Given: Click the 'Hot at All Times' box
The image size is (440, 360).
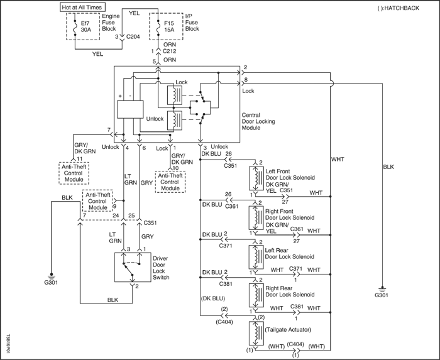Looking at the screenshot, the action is tap(82, 8).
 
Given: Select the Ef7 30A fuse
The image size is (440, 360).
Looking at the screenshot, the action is tap(75, 28).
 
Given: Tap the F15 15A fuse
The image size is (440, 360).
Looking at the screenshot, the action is tap(158, 28).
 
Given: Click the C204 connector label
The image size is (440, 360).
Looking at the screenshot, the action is tap(133, 36).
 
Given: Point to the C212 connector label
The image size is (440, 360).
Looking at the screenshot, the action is tap(170, 51).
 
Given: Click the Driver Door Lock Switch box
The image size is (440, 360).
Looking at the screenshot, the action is tap(133, 267).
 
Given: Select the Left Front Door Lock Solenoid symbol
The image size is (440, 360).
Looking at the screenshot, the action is tap(256, 178).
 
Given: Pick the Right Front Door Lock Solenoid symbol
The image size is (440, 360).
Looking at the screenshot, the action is tap(256, 218).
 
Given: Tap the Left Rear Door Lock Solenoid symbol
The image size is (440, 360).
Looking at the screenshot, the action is tap(256, 257).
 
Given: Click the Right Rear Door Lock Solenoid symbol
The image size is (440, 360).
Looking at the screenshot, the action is tap(256, 295).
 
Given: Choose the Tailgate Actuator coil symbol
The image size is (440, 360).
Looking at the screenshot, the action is tap(256, 334).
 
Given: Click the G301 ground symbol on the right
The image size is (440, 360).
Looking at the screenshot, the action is tap(382, 289).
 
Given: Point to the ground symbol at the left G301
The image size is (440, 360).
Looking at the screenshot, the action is tap(51, 275).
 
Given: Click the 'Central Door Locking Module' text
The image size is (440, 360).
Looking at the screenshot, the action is tap(258, 121).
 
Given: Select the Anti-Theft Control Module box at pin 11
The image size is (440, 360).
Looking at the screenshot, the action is tap(74, 173).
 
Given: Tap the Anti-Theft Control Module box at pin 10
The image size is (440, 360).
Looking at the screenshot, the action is tap(170, 182).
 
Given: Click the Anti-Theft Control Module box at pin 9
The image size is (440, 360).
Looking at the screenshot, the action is tap(97, 201).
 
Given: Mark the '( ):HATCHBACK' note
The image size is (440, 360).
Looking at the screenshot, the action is tap(398, 8).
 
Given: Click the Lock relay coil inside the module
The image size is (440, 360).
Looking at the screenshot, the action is tap(175, 95).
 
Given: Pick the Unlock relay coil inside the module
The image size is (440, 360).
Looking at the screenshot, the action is tap(175, 121).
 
